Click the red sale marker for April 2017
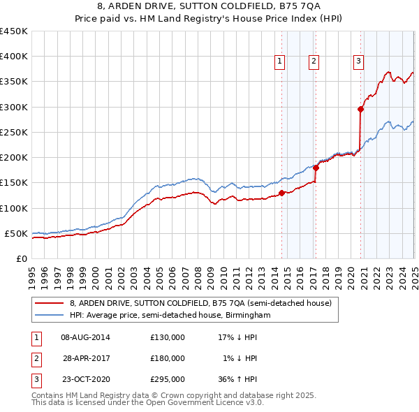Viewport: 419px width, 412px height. pyautogui.click(x=316, y=168)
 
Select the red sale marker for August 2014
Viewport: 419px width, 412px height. pyautogui.click(x=281, y=193)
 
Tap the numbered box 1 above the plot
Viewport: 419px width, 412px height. pyautogui.click(x=279, y=61)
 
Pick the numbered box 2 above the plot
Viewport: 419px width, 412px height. pyautogui.click(x=314, y=61)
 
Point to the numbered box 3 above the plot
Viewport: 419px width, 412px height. pyautogui.click(x=358, y=61)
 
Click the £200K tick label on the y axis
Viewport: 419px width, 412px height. pyautogui.click(x=13, y=158)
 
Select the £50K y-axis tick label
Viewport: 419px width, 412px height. pyautogui.click(x=16, y=234)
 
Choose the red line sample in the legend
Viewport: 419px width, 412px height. pyautogui.click(x=50, y=304)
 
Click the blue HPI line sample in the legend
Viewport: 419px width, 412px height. pyautogui.click(x=50, y=316)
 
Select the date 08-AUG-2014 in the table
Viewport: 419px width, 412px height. pyautogui.click(x=85, y=337)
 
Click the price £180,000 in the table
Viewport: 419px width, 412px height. pyautogui.click(x=168, y=358)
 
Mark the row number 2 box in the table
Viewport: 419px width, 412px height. pyautogui.click(x=35, y=358)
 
